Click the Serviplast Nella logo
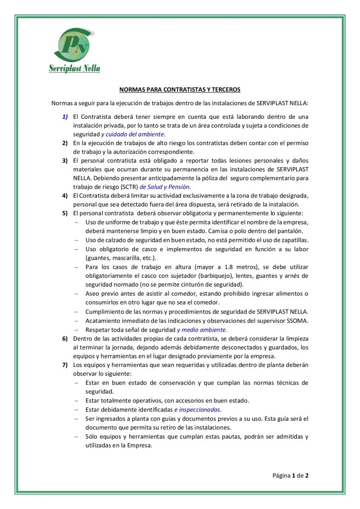coord(75,51)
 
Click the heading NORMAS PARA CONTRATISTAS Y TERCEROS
coord(180,89)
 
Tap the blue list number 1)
coord(65,116)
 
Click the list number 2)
coord(65,143)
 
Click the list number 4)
coord(65,196)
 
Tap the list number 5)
coord(65,213)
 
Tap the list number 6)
coord(65,338)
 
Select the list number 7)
coord(65,365)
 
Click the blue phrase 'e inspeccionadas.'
coord(198,409)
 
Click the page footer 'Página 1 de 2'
coord(290,475)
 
